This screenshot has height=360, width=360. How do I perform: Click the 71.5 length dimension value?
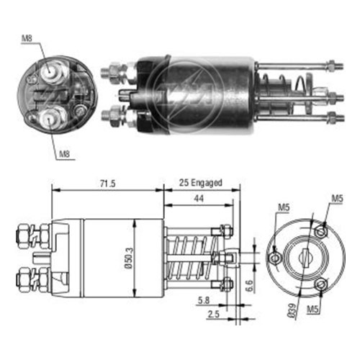(x=108, y=184)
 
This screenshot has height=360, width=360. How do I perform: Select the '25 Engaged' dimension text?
(x=201, y=183)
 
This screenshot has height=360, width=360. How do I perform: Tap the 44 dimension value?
(x=199, y=199)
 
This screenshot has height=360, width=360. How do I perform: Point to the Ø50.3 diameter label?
(x=129, y=258)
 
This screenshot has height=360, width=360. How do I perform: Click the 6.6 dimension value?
(x=249, y=286)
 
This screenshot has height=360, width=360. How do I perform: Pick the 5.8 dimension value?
(x=204, y=300)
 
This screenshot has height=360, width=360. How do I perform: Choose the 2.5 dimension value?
(x=214, y=314)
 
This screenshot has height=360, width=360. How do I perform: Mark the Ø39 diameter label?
(x=292, y=311)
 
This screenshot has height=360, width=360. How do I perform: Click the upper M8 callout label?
(x=27, y=38)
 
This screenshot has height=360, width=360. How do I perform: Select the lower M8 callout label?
(x=64, y=153)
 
